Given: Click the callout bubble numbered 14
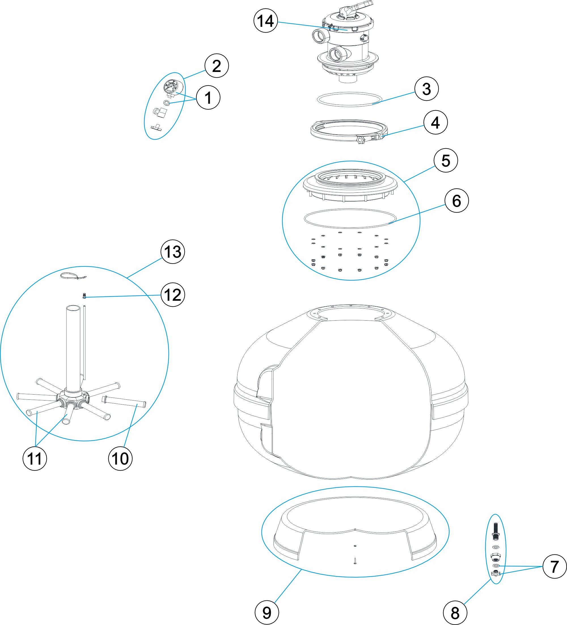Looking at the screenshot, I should click(x=265, y=21).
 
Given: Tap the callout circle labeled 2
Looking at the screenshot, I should click(x=216, y=66).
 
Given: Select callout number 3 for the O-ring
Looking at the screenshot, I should click(x=426, y=89).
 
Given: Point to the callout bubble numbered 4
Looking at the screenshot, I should click(x=435, y=122).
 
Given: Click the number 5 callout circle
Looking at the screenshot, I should click(x=445, y=161).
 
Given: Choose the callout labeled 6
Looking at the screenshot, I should click(x=456, y=201).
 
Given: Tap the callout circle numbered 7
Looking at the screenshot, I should click(x=555, y=567).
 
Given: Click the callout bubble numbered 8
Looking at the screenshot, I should click(x=455, y=613).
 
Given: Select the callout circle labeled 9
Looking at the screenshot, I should click(x=266, y=613).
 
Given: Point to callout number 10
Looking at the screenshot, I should click(x=120, y=459).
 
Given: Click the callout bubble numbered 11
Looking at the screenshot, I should click(x=35, y=459).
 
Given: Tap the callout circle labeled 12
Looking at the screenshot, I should click(x=173, y=295).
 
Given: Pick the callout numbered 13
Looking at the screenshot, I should click(x=173, y=252).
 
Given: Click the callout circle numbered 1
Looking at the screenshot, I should click(x=208, y=97).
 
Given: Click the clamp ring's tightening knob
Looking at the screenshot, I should click(x=361, y=140).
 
